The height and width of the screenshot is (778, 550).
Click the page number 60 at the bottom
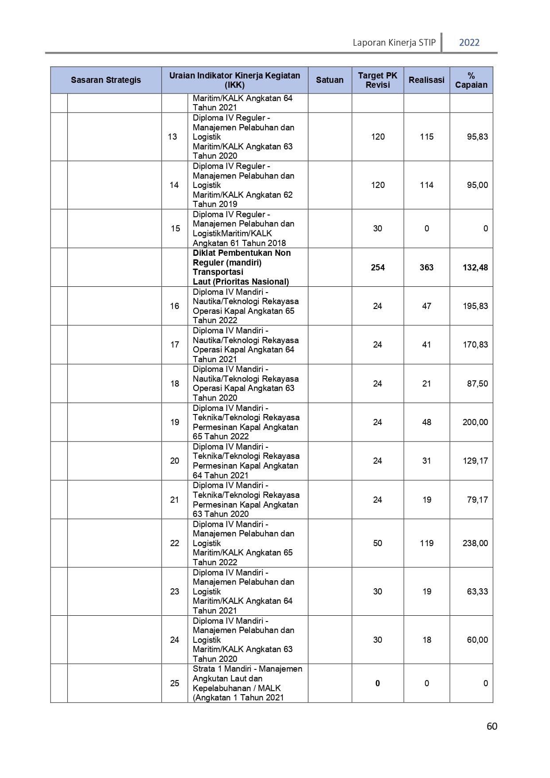[x=491, y=726]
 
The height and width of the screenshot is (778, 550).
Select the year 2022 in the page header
[x=469, y=43]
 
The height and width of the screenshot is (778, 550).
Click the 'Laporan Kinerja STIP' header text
[x=394, y=43]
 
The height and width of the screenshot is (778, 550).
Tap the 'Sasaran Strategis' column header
[x=106, y=80]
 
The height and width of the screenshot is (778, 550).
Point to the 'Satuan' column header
[x=329, y=80]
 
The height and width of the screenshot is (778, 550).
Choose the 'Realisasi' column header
[x=426, y=80]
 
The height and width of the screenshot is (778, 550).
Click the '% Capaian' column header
[x=471, y=80]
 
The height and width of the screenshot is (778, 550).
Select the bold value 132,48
[x=475, y=267]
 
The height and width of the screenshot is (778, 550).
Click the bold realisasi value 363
[x=426, y=267]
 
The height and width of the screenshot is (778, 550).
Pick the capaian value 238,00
[x=475, y=543]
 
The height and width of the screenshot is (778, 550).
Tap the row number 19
[x=175, y=422]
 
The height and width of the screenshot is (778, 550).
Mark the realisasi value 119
[x=426, y=543]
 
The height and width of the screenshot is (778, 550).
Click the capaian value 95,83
[x=477, y=137]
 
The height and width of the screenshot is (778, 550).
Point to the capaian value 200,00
[x=475, y=422]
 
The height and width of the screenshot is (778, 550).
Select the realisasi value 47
[x=426, y=306]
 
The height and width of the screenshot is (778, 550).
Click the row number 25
[x=175, y=683]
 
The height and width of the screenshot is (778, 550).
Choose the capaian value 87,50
[x=477, y=383]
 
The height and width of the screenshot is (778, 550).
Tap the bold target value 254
[x=378, y=267]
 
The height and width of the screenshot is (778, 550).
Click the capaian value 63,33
[x=477, y=591]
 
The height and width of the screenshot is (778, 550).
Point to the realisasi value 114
[x=426, y=185]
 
